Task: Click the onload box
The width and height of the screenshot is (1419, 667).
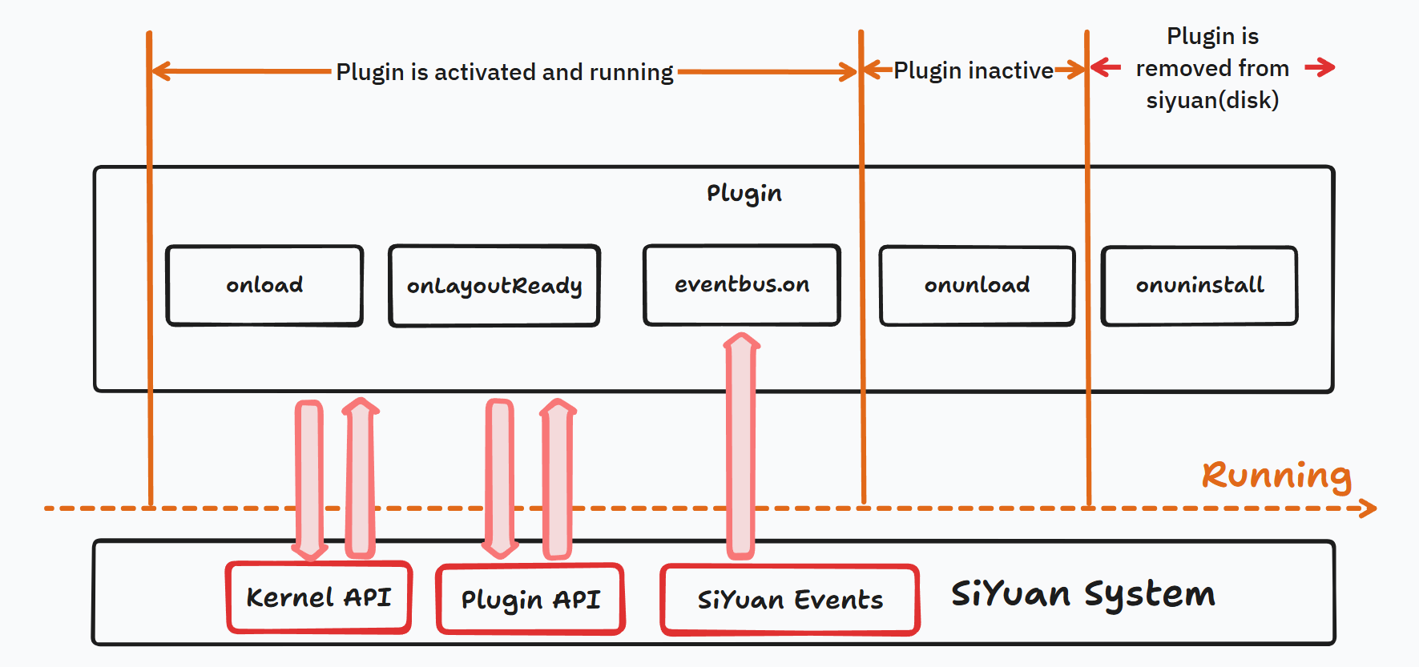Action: coord(264,285)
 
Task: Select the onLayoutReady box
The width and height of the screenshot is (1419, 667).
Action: coord(494,286)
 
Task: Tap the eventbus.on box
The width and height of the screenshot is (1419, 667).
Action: coord(742,285)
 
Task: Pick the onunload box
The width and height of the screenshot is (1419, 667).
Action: coord(977,286)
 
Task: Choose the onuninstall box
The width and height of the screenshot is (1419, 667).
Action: coord(1199,286)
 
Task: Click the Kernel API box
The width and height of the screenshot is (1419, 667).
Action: coord(319,597)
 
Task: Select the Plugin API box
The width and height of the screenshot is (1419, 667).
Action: coord(530,599)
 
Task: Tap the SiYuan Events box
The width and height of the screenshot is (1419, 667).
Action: coord(790,600)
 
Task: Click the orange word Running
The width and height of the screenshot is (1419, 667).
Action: coord(1276,475)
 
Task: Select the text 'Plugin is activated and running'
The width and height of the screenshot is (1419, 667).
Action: coord(504,72)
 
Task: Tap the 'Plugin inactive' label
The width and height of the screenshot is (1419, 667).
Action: coord(974,70)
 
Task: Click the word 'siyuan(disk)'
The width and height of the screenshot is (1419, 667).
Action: coord(1212,100)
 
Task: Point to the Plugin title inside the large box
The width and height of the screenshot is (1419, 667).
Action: coord(744,193)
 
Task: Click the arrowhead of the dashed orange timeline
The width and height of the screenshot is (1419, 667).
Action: coord(1369,508)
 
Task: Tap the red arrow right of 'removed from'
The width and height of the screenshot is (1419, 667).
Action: coord(1320,67)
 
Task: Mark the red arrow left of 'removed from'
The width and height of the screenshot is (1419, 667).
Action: coord(1106,67)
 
